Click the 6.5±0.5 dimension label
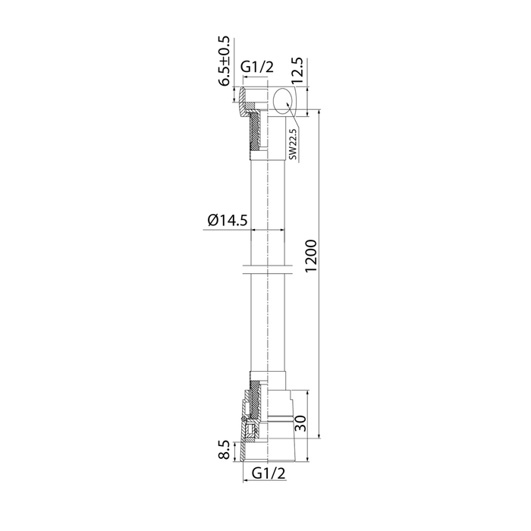pos(224,61)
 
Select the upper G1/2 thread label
pos(256,68)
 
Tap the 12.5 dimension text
pos(299,71)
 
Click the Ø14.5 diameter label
pos(228,221)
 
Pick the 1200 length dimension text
pos(310,256)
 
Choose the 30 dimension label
pos(300,423)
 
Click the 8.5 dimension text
pos(224,450)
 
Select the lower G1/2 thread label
pos(269,473)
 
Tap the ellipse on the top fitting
pos(284,101)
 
